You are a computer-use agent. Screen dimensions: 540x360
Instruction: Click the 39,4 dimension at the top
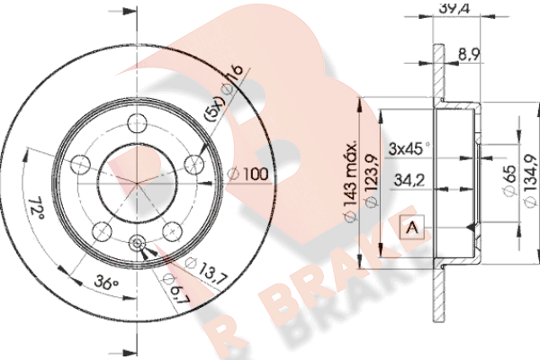[454, 7]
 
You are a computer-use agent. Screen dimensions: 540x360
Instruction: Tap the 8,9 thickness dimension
[469, 54]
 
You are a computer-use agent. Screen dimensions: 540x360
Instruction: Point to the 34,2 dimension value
[409, 180]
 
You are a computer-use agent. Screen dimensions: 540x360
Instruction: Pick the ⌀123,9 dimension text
[372, 181]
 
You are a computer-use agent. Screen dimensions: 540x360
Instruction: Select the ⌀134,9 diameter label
[530, 181]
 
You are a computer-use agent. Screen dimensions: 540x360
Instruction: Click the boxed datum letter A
[412, 228]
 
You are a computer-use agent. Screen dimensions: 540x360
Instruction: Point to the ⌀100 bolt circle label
[248, 174]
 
